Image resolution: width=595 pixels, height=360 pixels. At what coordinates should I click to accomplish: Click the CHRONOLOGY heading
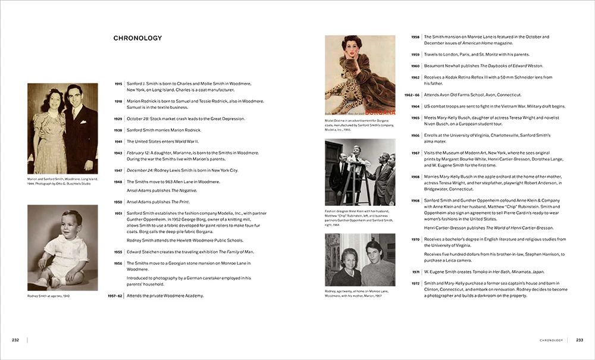pyautogui.click(x=137, y=39)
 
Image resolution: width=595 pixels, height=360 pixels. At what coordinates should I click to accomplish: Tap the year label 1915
pyautogui.click(x=118, y=84)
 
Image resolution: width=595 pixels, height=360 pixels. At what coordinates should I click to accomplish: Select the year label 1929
pyautogui.click(x=118, y=119)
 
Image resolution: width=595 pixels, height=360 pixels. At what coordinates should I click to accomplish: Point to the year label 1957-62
pyautogui.click(x=115, y=296)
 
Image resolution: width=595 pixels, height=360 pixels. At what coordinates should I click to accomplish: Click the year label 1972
pyautogui.click(x=415, y=283)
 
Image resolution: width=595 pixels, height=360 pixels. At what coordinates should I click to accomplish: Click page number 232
pyautogui.click(x=15, y=340)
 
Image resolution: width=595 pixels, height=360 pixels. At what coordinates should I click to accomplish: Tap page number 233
pyautogui.click(x=579, y=340)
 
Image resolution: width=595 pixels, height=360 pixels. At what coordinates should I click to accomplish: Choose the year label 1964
pyautogui.click(x=415, y=107)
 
